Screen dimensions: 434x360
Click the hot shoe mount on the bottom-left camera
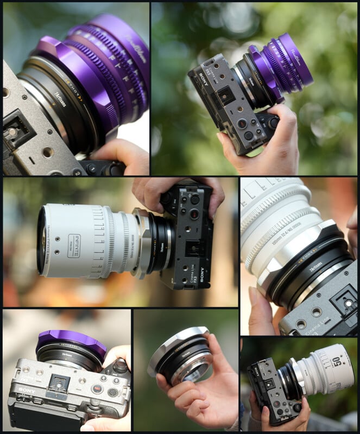coord(59,386)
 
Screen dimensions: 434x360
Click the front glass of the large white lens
coord(41,240)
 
